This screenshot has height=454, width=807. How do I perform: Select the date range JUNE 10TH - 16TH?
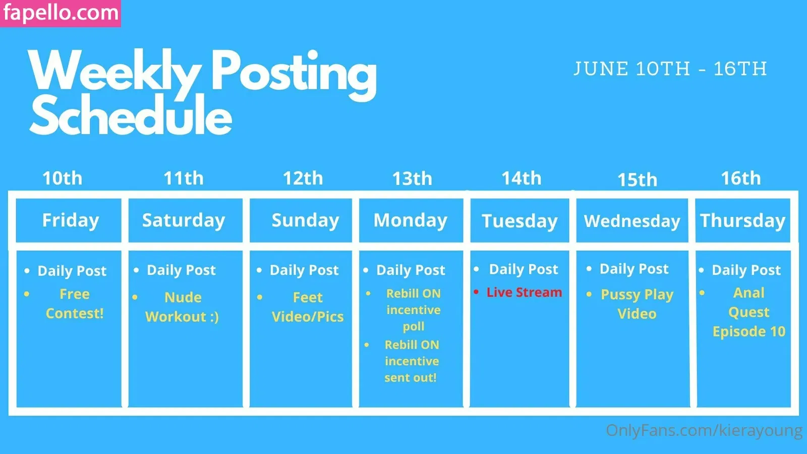(x=670, y=69)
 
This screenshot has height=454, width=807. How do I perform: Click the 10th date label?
(x=63, y=178)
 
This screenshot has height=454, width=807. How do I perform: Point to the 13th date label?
(x=412, y=179)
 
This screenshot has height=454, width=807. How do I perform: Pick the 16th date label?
(x=741, y=178)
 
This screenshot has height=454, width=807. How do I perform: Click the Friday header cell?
(x=69, y=220)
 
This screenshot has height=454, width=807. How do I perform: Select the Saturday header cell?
(x=186, y=220)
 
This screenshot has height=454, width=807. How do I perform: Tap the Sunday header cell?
(x=301, y=220)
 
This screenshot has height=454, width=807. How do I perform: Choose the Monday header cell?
(x=411, y=220)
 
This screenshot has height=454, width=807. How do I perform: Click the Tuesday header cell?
(x=520, y=220)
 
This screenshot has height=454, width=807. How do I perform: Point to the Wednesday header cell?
(x=632, y=220)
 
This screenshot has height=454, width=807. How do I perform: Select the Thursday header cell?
(x=743, y=220)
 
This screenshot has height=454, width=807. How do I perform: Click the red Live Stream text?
(x=524, y=292)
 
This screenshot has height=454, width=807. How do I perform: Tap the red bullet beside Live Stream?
(x=476, y=292)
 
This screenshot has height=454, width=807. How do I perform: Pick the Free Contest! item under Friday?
(x=75, y=304)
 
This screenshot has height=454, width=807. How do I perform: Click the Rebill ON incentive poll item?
(x=413, y=310)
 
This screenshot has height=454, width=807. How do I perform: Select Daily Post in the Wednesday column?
(x=634, y=269)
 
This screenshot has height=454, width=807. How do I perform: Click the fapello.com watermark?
(x=61, y=13)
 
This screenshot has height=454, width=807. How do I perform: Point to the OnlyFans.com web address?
(x=704, y=430)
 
